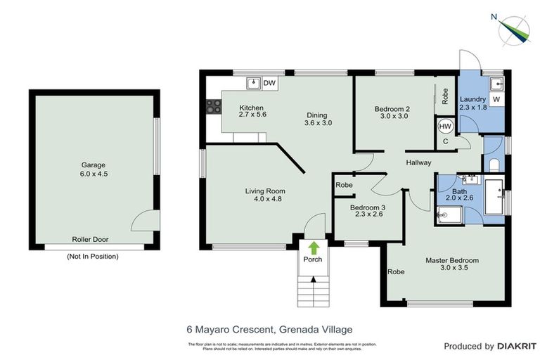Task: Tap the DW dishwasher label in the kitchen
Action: (269, 84)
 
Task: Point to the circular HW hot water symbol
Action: (445, 127)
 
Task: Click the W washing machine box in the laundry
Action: (496, 100)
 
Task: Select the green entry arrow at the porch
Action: (313, 247)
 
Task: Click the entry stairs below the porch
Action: (312, 288)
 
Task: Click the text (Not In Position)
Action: (93, 257)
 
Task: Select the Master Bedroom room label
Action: (451, 260)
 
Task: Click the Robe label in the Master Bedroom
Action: (396, 271)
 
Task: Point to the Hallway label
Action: (418, 163)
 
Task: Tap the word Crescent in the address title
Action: (249, 329)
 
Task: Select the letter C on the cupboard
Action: (445, 141)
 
